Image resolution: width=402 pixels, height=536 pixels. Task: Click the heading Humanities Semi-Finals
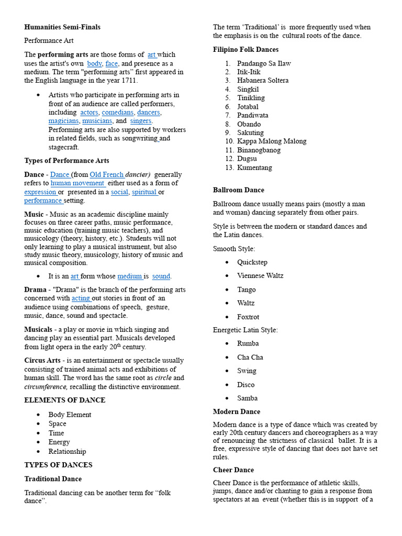pyautogui.click(x=62, y=27)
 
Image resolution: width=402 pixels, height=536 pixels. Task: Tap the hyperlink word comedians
pyautogui.click(x=118, y=113)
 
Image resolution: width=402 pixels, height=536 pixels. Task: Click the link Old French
pyautogui.click(x=107, y=174)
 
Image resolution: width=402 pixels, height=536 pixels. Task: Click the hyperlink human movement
pyautogui.click(x=77, y=183)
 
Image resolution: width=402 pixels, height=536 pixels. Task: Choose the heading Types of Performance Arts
pyautogui.click(x=66, y=161)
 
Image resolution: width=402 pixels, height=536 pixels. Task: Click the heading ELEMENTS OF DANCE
pyautogui.click(x=65, y=400)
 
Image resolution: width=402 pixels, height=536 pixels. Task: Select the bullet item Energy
pyautogui.click(x=59, y=442)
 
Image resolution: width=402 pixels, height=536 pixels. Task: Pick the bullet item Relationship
pyautogui.click(x=67, y=452)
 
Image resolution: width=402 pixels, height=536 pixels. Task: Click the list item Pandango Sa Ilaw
pyautogui.click(x=264, y=63)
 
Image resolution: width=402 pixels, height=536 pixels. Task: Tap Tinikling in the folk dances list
pyautogui.click(x=251, y=98)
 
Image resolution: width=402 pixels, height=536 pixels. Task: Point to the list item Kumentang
pyautogui.click(x=254, y=167)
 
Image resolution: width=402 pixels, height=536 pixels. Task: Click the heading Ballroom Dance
pyautogui.click(x=239, y=190)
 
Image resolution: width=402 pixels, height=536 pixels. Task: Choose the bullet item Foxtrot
pyautogui.click(x=248, y=317)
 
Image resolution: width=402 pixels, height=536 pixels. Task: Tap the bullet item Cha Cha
pyautogui.click(x=250, y=358)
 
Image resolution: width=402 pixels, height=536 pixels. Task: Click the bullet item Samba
pyautogui.click(x=247, y=398)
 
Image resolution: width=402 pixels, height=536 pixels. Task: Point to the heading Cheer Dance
pyautogui.click(x=233, y=470)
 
